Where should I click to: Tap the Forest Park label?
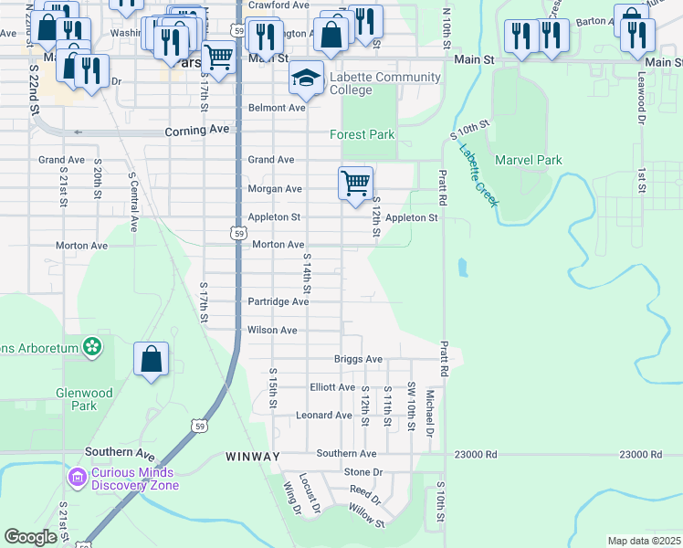pyautogui.click(x=363, y=134)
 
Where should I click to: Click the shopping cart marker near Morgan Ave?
pyautogui.click(x=354, y=182)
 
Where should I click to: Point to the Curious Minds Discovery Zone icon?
pyautogui.click(x=77, y=477)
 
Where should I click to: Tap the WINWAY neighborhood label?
pyautogui.click(x=253, y=455)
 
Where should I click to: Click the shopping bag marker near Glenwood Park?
pyautogui.click(x=151, y=360)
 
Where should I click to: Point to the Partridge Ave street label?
pyautogui.click(x=278, y=301)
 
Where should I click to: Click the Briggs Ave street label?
pyautogui.click(x=358, y=359)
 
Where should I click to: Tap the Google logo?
pyautogui.click(x=30, y=537)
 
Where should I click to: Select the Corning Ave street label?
pyautogui.click(x=196, y=131)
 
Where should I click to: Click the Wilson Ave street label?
pyautogui.click(x=272, y=330)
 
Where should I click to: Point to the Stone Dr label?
pyautogui.click(x=363, y=471)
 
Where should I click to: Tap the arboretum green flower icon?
pyautogui.click(x=91, y=346)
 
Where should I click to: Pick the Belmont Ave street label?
pyautogui.click(x=277, y=108)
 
